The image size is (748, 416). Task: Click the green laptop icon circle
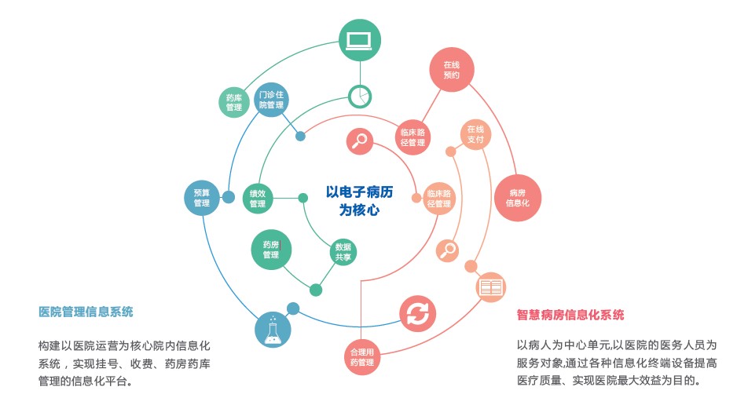360,40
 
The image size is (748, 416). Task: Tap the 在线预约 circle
451,70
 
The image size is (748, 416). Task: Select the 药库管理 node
234,102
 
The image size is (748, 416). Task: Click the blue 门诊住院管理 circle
272,100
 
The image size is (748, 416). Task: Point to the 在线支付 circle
475,134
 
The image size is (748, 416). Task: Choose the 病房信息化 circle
518,197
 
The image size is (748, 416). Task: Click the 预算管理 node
202,198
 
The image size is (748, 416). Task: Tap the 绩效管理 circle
258,198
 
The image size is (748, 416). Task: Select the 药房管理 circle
272,249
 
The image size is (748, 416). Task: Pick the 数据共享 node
343,251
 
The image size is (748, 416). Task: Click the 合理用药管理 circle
362,356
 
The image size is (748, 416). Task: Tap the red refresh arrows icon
418,314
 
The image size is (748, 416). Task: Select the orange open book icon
491,287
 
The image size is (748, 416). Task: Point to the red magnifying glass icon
360,141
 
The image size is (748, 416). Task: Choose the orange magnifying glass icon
448,250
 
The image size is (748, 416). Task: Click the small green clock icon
360,96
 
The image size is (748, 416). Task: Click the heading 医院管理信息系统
86,312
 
